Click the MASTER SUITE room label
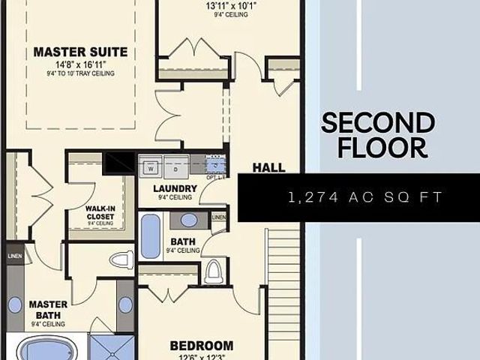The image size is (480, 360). point(80,52)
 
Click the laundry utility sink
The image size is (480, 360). point(216,166)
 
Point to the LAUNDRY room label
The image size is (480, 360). point(174,188)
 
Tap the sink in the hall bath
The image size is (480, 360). point(189,220)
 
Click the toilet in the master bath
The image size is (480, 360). point(121,260)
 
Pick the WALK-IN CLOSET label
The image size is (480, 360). point(100,211)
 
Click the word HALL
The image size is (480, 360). point(268,167)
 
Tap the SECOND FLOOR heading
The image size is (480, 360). point(377,134)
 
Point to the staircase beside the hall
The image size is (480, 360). point(283,262)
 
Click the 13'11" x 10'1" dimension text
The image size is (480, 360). point(231,7)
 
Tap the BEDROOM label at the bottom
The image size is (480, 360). point(201,346)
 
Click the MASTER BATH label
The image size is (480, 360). point(48,310)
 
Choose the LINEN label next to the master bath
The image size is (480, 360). point(15,256)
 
